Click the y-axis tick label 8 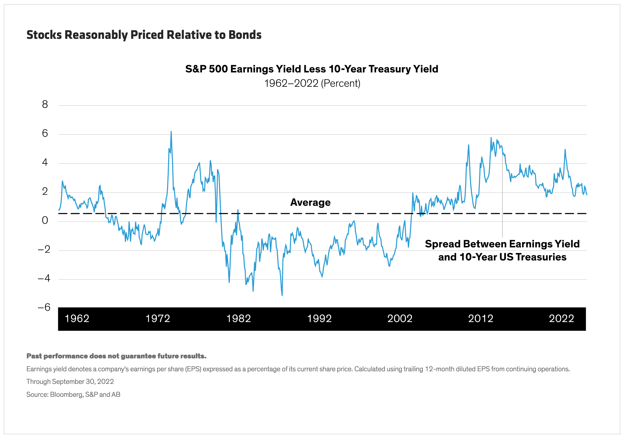45,104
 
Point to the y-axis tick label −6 44,308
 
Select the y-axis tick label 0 45,220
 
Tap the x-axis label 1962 77,318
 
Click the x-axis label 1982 239,318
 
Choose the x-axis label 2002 400,318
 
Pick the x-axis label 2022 562,318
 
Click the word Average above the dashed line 310,203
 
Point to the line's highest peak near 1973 171,132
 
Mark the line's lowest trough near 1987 282,295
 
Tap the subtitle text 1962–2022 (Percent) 312,83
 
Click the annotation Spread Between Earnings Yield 502,244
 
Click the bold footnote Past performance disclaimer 116,356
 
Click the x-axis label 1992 319,318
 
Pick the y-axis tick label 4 45,162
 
